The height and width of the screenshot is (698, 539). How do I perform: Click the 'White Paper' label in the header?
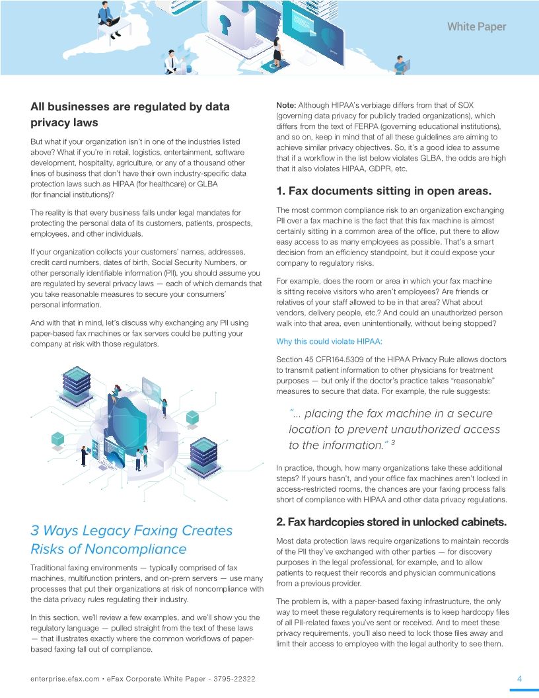point(476,26)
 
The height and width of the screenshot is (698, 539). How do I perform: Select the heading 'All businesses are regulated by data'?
point(130,106)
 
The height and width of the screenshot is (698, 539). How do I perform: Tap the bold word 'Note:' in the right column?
point(286,105)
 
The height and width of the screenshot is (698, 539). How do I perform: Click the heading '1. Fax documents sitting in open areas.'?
point(383,192)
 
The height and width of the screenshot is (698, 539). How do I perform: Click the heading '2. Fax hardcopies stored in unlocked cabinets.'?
point(391,522)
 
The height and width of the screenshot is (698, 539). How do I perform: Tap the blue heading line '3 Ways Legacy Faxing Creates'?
point(131,531)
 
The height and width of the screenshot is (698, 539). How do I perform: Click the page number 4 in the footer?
point(519,679)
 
